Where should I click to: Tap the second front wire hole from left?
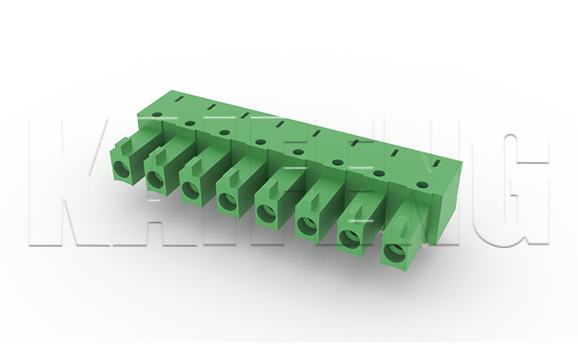(x=155, y=180)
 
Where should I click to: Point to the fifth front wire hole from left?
(x=265, y=213)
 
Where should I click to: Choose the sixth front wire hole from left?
(x=307, y=225)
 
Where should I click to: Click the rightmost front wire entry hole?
(x=395, y=252)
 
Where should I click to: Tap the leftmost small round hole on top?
(x=157, y=115)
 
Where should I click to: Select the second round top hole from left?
(x=190, y=123)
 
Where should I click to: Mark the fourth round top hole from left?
(x=261, y=141)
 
